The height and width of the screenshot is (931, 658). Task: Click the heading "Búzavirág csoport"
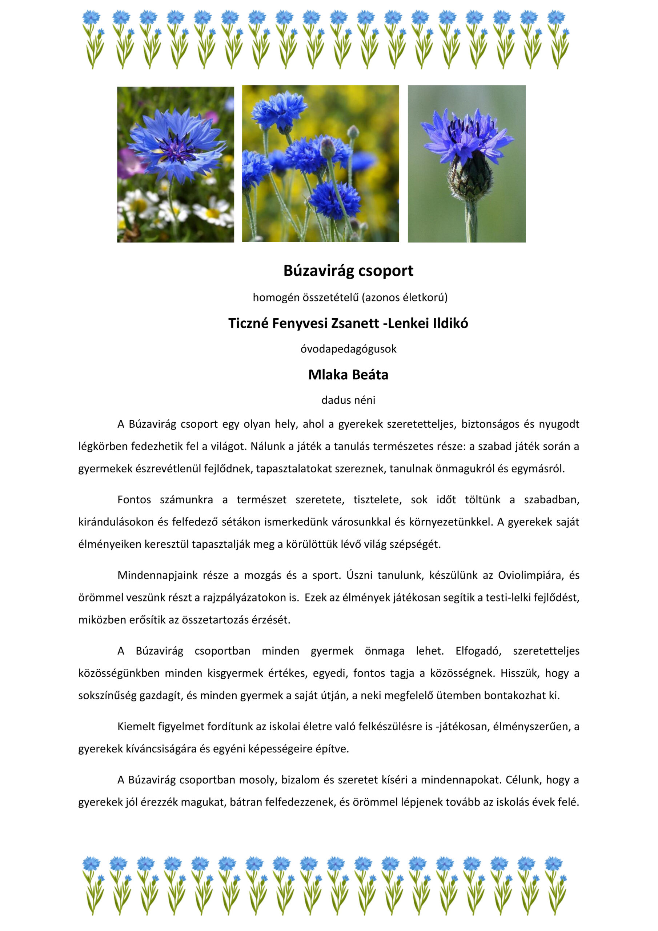348,271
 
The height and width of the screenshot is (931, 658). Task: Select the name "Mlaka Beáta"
348,375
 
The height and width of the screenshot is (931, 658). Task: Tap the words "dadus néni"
348,400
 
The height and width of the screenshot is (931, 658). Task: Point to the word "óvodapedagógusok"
348,349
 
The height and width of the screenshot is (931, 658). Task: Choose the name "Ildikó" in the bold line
450,323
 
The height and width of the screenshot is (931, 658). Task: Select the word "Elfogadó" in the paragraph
478,651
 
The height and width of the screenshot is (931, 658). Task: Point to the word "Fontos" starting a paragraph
134,500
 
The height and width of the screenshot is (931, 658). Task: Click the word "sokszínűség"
108,695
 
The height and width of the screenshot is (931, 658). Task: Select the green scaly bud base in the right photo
470,179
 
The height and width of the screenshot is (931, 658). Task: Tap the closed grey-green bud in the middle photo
327,148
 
